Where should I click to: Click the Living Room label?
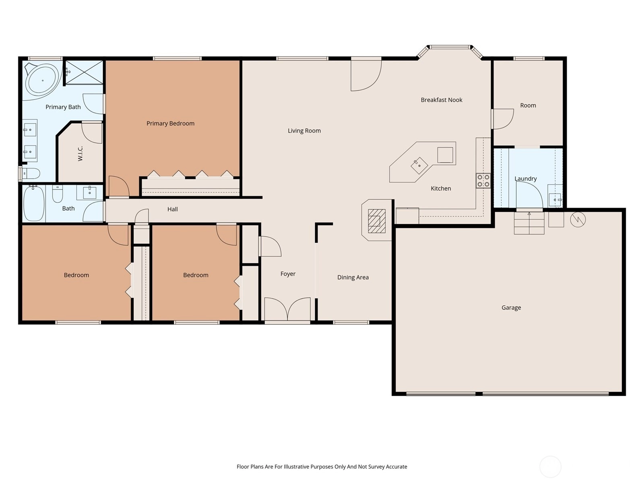pyautogui.click(x=304, y=131)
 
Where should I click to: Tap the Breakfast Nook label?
pyautogui.click(x=441, y=100)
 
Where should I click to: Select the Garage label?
pyautogui.click(x=511, y=308)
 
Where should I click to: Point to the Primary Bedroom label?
pyautogui.click(x=170, y=124)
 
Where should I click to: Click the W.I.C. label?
pyautogui.click(x=80, y=153)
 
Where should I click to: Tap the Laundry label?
pyautogui.click(x=526, y=179)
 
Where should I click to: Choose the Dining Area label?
pyautogui.click(x=353, y=277)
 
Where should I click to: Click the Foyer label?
pyautogui.click(x=288, y=274)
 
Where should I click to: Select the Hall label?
pyautogui.click(x=173, y=209)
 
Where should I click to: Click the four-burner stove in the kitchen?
pyautogui.click(x=483, y=181)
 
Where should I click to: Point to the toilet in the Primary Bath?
pyautogui.click(x=31, y=173)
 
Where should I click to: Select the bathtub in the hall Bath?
pyautogui.click(x=34, y=203)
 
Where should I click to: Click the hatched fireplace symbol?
pyautogui.click(x=377, y=221)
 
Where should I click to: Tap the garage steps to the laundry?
pyautogui.click(x=529, y=223)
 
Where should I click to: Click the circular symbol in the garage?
pyautogui.click(x=578, y=219)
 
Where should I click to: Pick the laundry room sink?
pyautogui.click(x=555, y=200)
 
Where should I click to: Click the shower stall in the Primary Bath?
pyautogui.click(x=84, y=72)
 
